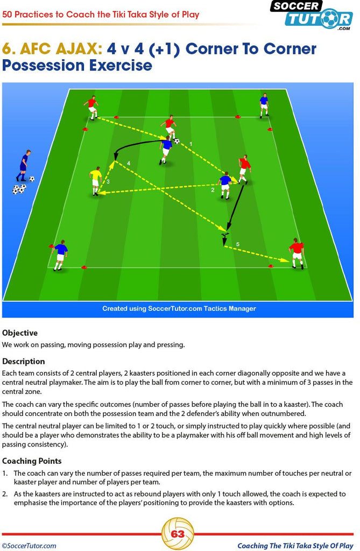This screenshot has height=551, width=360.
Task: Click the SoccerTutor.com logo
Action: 312,15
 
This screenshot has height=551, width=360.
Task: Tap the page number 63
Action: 178,534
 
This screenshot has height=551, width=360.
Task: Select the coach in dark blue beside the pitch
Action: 24,166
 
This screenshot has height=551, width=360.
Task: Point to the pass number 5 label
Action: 238,244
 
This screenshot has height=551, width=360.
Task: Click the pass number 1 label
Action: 191,144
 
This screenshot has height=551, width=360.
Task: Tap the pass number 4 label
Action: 129,164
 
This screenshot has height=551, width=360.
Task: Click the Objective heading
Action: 20,333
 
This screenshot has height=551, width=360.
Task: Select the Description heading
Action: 24,361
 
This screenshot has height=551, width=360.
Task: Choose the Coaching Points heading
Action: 32,461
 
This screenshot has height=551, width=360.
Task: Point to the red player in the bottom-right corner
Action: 297,253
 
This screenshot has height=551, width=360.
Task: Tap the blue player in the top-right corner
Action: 264,105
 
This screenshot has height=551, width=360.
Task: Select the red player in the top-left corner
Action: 91,108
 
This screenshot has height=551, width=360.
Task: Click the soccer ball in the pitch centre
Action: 177,142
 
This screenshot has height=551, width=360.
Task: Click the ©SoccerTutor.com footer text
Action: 29,546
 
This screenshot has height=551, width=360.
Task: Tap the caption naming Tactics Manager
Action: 179,308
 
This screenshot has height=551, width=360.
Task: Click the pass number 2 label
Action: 213,190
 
